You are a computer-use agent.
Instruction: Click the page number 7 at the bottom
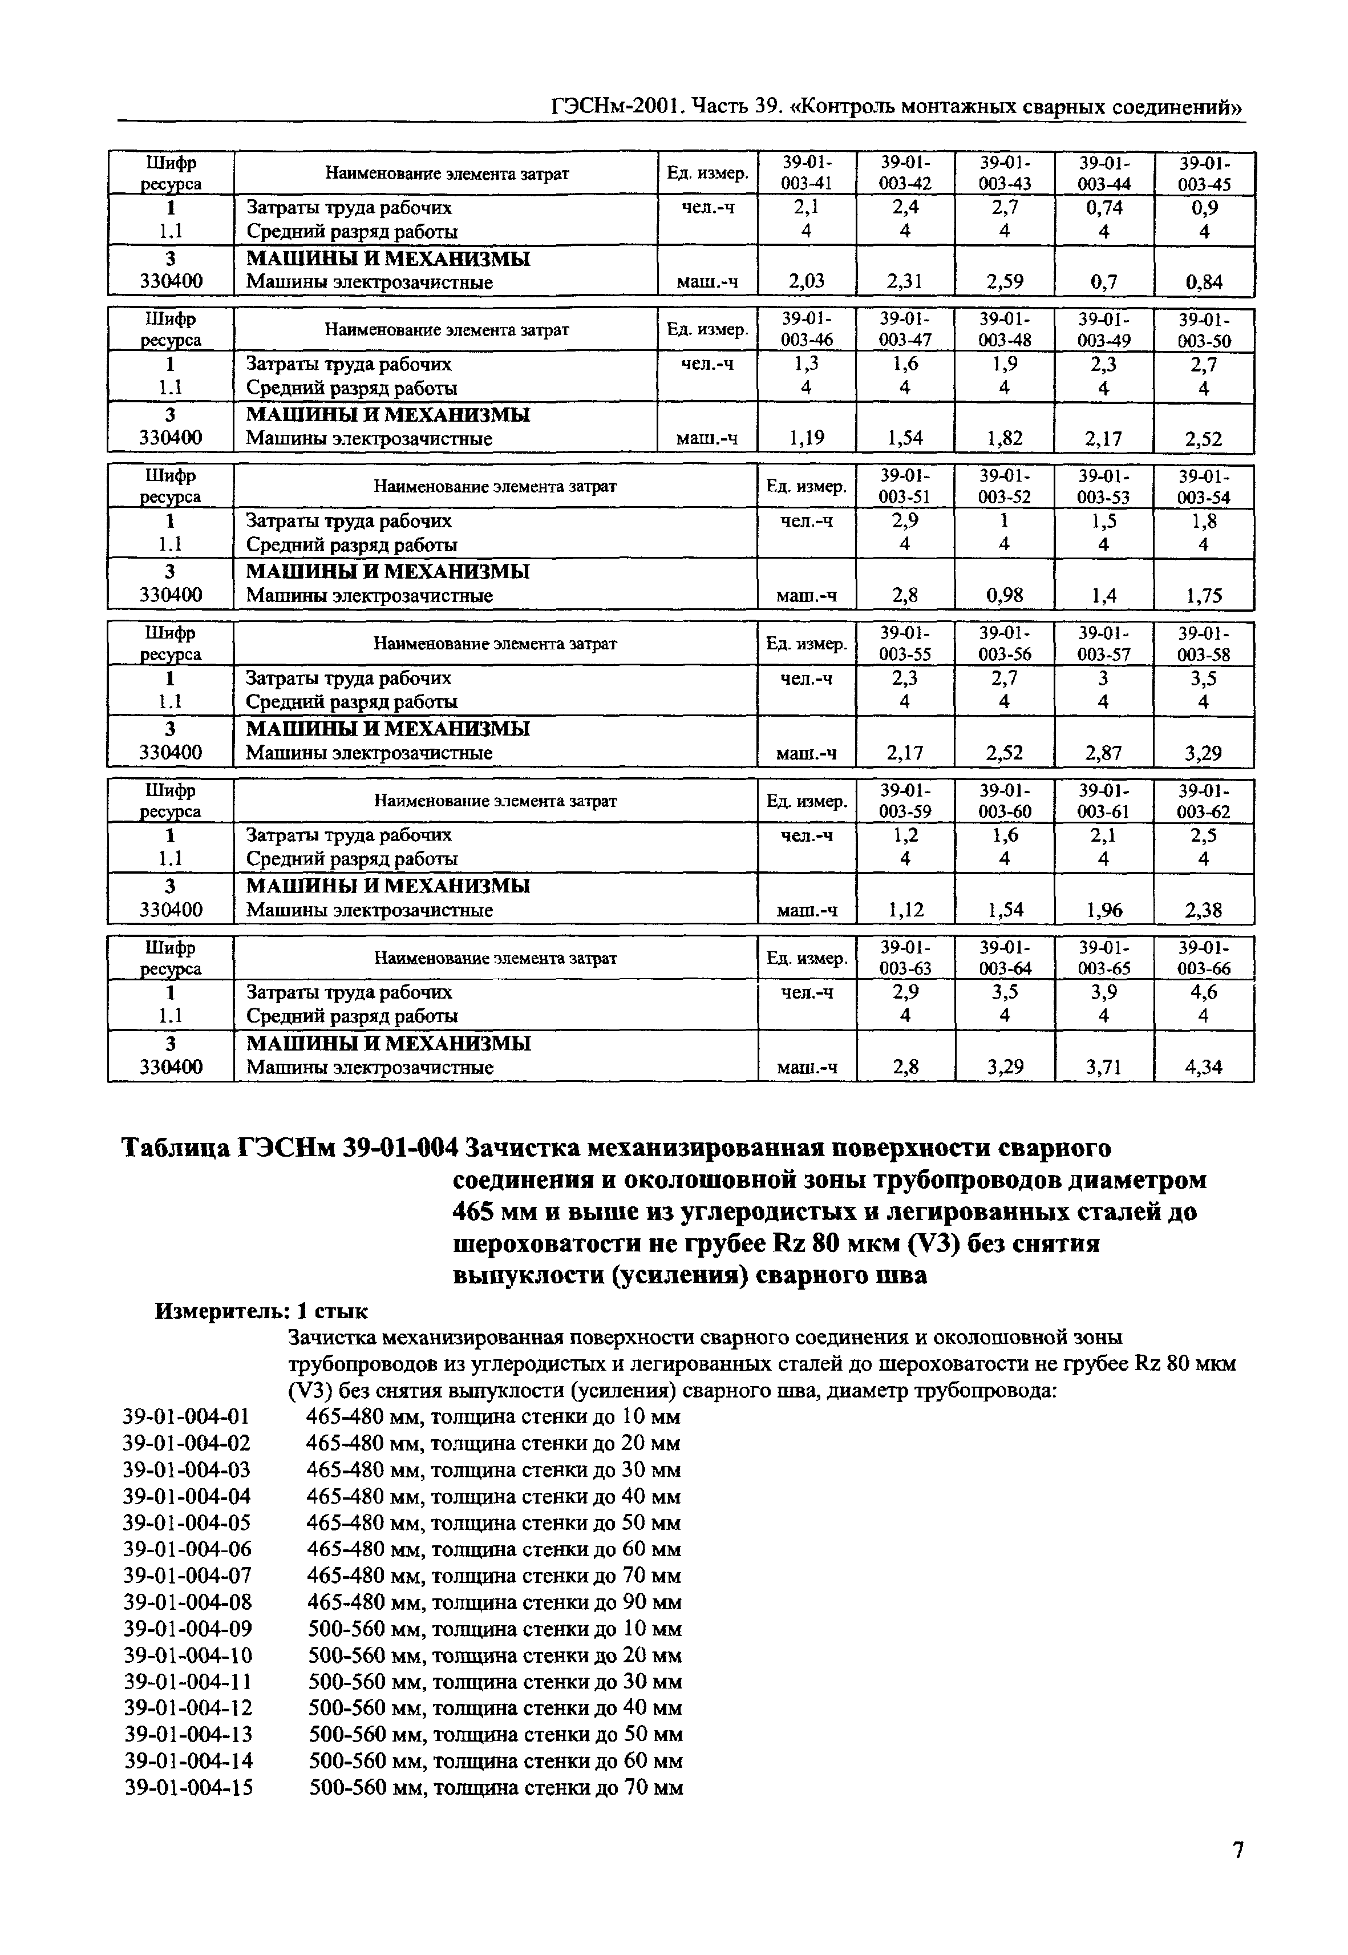click(x=1237, y=1849)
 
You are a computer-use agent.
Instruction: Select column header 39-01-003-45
click(x=1204, y=173)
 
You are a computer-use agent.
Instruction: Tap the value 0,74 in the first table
click(x=1103, y=208)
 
